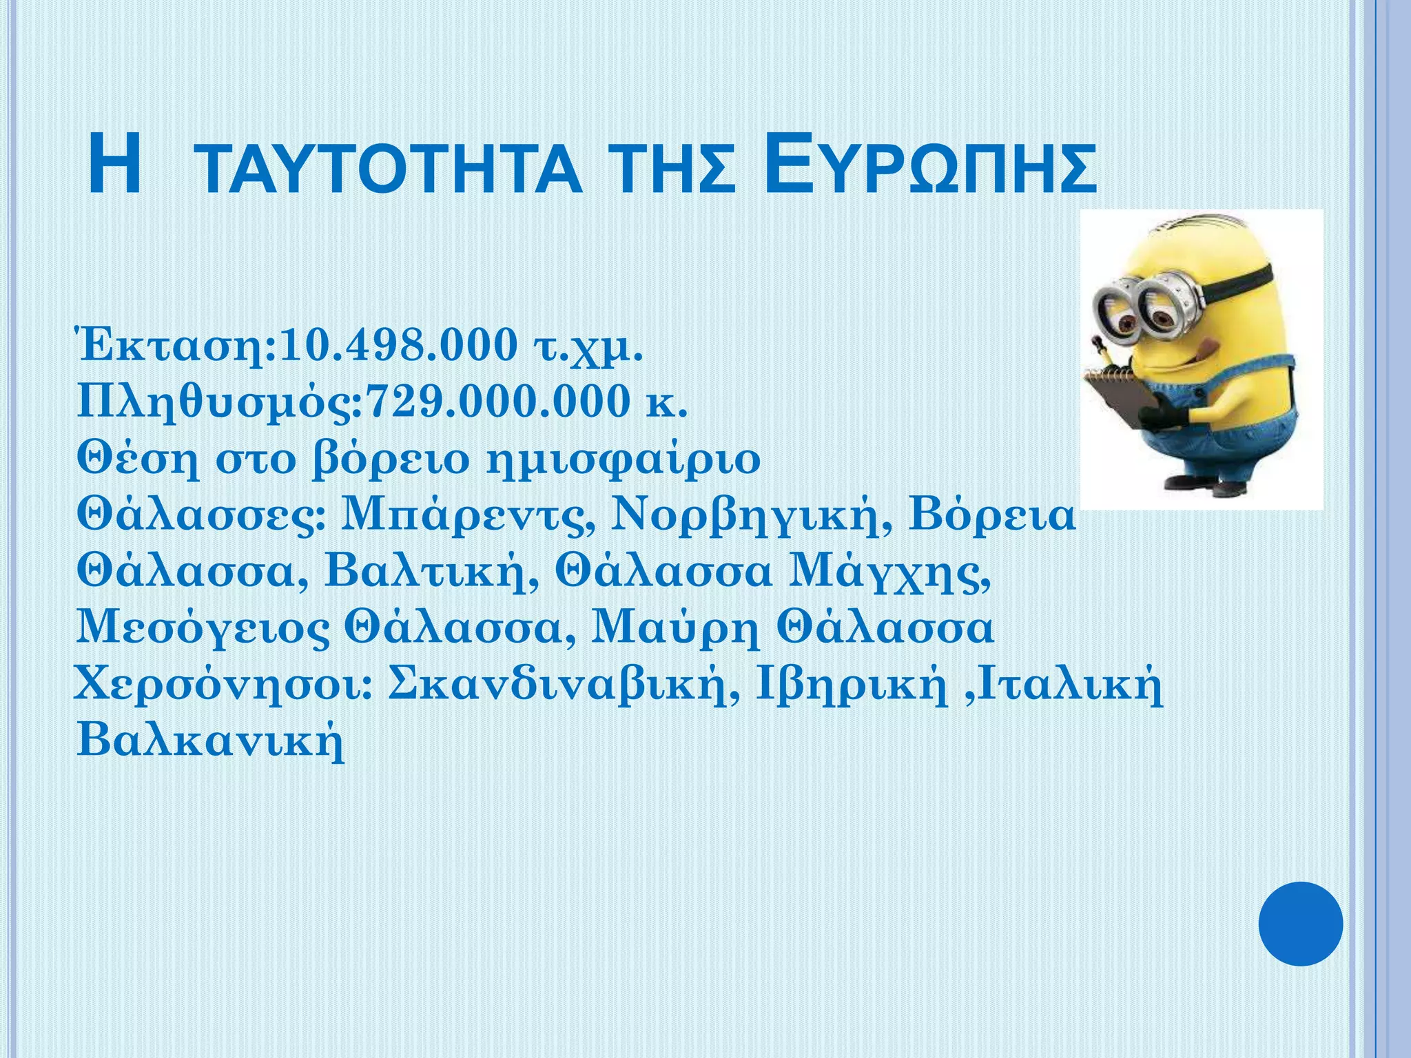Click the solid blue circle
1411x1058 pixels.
(x=1301, y=924)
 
